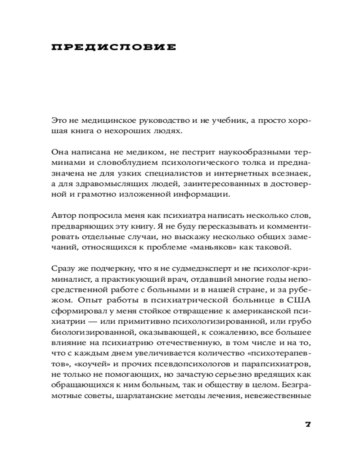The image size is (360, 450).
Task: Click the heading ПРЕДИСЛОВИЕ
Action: [x=114, y=47]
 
